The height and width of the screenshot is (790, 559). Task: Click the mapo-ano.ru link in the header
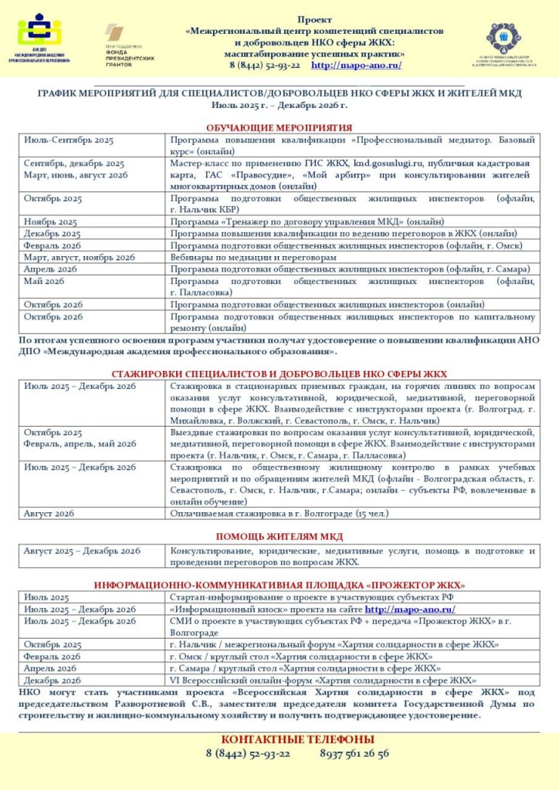(356, 66)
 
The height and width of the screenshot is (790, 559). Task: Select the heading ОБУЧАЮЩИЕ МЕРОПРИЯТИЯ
(279, 127)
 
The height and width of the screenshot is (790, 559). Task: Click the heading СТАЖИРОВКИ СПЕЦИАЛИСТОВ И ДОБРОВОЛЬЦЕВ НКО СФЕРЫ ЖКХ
(279, 373)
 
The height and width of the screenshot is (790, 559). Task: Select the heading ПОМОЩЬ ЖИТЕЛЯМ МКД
(279, 537)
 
